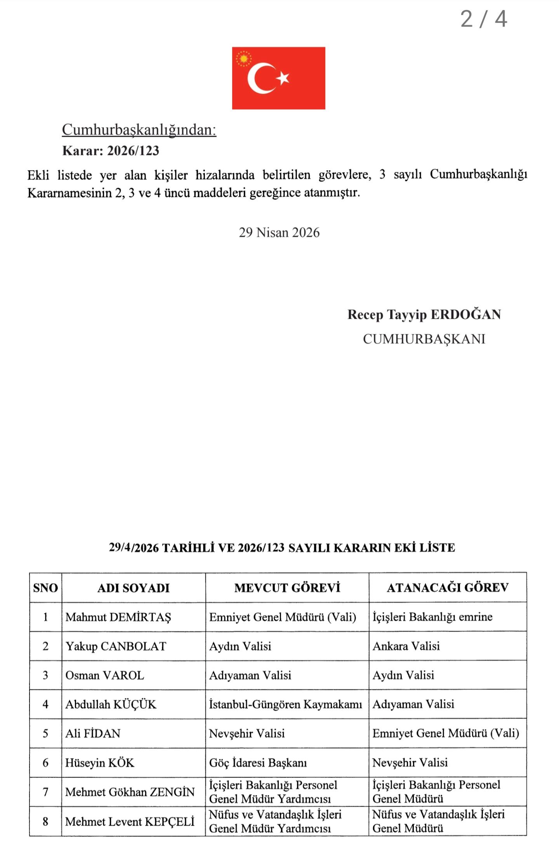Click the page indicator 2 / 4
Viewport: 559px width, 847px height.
click(x=484, y=19)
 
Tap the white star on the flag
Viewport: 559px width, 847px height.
click(x=283, y=78)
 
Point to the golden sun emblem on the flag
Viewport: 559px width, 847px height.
click(x=243, y=59)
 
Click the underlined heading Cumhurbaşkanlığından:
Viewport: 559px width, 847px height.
click(x=139, y=130)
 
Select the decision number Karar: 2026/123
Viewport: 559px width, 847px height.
click(x=111, y=151)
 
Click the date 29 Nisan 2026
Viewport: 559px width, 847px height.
click(x=279, y=233)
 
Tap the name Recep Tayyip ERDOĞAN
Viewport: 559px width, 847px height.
click(x=424, y=314)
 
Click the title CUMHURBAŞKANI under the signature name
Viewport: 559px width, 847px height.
click(x=424, y=339)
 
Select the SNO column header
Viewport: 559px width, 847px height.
click(x=45, y=588)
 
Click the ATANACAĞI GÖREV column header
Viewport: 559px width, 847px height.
click(x=448, y=587)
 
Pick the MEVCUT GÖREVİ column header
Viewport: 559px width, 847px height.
click(x=287, y=588)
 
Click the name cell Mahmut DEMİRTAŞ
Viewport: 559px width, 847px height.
click(x=118, y=617)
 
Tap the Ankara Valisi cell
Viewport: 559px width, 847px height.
click(x=406, y=646)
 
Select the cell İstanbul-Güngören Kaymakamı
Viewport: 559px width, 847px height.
click(x=285, y=704)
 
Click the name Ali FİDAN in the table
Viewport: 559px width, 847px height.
click(x=93, y=733)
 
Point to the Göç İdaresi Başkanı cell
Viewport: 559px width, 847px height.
click(x=258, y=763)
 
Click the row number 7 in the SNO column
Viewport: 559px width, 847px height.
click(x=45, y=792)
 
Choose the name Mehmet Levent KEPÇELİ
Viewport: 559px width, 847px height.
click(x=130, y=821)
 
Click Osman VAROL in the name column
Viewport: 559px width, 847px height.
click(x=104, y=675)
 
